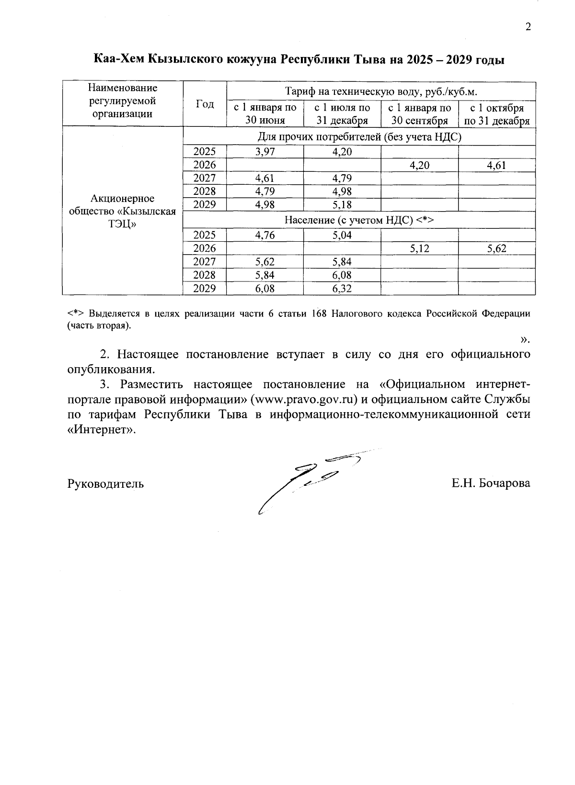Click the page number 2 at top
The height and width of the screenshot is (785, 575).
click(528, 27)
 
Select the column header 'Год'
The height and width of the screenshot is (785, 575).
click(205, 104)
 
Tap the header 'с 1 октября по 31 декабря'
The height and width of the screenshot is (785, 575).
click(497, 114)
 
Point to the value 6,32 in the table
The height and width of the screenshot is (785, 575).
click(342, 288)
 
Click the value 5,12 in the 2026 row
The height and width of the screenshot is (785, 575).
click(419, 248)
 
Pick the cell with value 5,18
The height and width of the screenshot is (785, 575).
click(342, 205)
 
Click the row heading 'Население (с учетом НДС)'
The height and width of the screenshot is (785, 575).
click(359, 220)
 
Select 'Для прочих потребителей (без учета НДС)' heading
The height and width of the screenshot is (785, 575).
click(359, 137)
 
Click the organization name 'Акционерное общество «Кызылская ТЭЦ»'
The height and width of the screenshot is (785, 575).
click(123, 211)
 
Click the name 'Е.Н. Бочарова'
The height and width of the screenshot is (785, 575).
click(490, 483)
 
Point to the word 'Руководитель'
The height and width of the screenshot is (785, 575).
click(105, 483)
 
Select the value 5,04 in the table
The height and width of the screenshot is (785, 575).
click(342, 235)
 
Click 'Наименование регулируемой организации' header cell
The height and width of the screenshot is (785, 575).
click(123, 101)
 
